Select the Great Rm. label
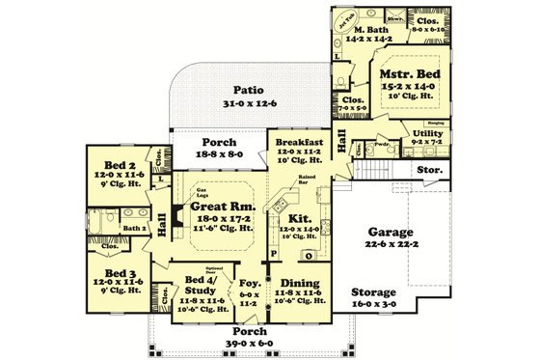click(221, 206)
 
